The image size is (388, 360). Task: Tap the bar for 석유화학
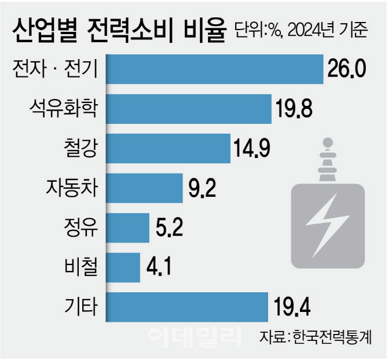[x=189, y=108]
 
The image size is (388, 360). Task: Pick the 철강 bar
[x=169, y=148]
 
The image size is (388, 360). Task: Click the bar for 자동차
[x=145, y=188]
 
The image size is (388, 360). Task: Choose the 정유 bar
[x=127, y=227]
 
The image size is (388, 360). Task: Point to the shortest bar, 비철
[x=123, y=267]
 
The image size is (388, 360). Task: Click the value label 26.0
[x=348, y=69]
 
